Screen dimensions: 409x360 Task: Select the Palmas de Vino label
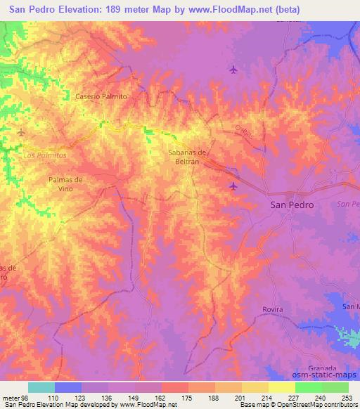pos(65,184)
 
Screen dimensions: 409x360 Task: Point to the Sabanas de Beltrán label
pos(186,157)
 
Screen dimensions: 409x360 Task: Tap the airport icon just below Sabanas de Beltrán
pos(233,186)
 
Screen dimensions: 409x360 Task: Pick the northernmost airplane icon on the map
pos(233,69)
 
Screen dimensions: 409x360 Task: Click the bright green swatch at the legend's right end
pos(335,387)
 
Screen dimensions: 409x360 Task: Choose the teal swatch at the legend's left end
pos(41,387)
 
